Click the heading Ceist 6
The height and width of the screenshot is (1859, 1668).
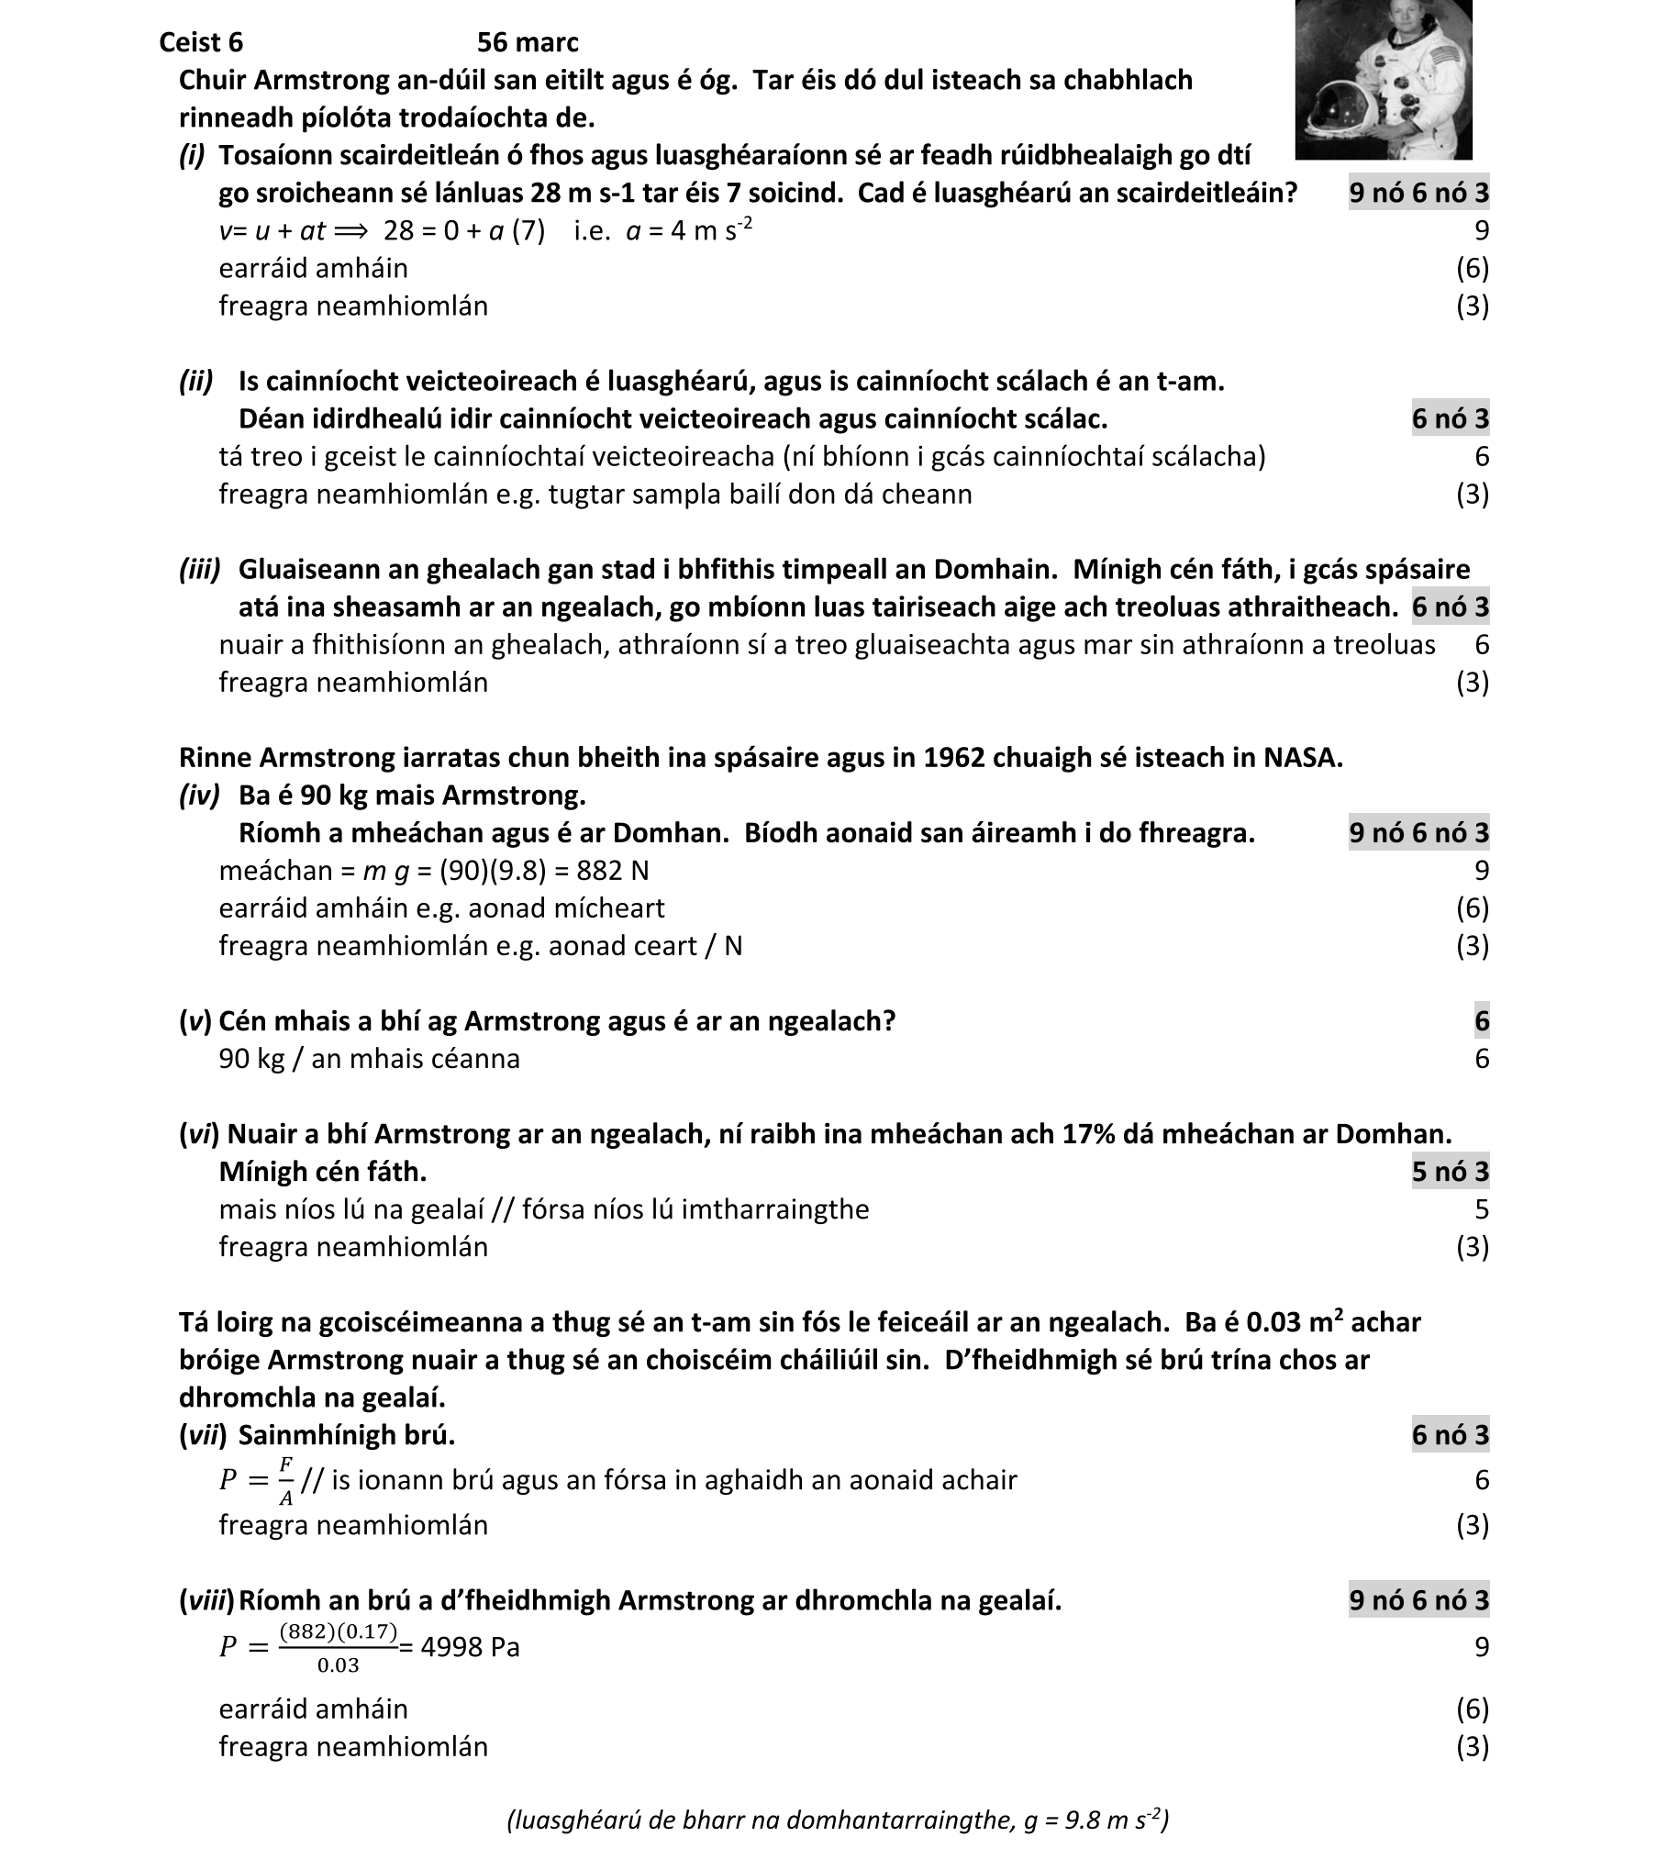[201, 42]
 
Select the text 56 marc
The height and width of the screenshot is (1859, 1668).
[528, 42]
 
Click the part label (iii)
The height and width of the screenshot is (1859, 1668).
[200, 569]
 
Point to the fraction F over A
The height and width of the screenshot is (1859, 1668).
[285, 1480]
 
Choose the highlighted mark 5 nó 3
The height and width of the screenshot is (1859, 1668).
[1450, 1172]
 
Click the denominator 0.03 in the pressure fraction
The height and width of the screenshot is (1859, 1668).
[338, 1665]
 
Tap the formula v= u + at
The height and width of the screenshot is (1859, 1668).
[272, 230]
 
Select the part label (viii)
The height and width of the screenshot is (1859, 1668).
[206, 1600]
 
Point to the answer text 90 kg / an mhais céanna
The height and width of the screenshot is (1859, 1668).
[369, 1059]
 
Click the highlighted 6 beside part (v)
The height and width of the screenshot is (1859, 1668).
[1481, 1021]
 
